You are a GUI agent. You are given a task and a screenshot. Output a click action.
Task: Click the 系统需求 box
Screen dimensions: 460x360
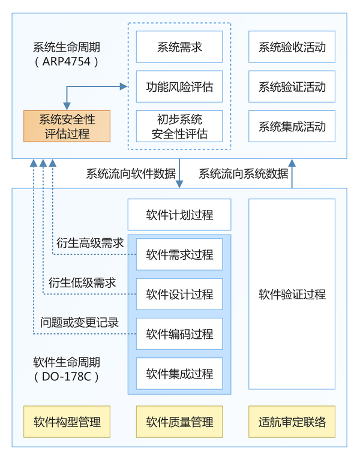coord(179,47)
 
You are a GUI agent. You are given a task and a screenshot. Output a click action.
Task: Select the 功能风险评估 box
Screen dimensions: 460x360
coord(179,87)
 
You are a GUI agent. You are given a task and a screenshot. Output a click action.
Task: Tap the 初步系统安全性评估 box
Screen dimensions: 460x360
coord(179,126)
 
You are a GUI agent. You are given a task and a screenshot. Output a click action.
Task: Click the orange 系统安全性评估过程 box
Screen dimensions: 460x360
coord(67,125)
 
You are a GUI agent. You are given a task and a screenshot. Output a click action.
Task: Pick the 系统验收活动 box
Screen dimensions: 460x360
coord(292,47)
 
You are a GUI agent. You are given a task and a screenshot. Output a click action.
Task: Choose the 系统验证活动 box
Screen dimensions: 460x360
coord(292,87)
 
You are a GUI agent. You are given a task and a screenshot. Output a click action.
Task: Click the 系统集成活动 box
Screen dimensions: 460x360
coord(292,127)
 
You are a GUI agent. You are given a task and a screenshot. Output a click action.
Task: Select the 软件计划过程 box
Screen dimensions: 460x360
coord(179,215)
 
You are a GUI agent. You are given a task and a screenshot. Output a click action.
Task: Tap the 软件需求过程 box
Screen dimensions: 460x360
coord(179,254)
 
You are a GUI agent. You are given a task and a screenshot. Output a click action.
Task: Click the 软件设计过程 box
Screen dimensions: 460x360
coord(179,294)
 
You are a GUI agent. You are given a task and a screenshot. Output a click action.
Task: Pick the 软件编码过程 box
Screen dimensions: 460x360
coord(179,334)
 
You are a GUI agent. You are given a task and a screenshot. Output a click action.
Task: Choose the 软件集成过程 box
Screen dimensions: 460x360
coord(179,374)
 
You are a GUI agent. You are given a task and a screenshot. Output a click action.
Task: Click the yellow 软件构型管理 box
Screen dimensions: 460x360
coord(67,422)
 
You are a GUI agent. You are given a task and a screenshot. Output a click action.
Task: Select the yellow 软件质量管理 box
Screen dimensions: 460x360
coord(179,422)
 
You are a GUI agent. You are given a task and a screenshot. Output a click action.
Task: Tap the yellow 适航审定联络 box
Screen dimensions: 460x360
coord(292,422)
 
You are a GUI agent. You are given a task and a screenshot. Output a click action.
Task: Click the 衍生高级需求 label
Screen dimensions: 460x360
coord(90,243)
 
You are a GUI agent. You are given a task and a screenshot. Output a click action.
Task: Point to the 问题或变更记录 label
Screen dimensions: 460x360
coord(79,322)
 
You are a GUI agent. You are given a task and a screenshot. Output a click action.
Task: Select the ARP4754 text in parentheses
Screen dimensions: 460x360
coord(67,61)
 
